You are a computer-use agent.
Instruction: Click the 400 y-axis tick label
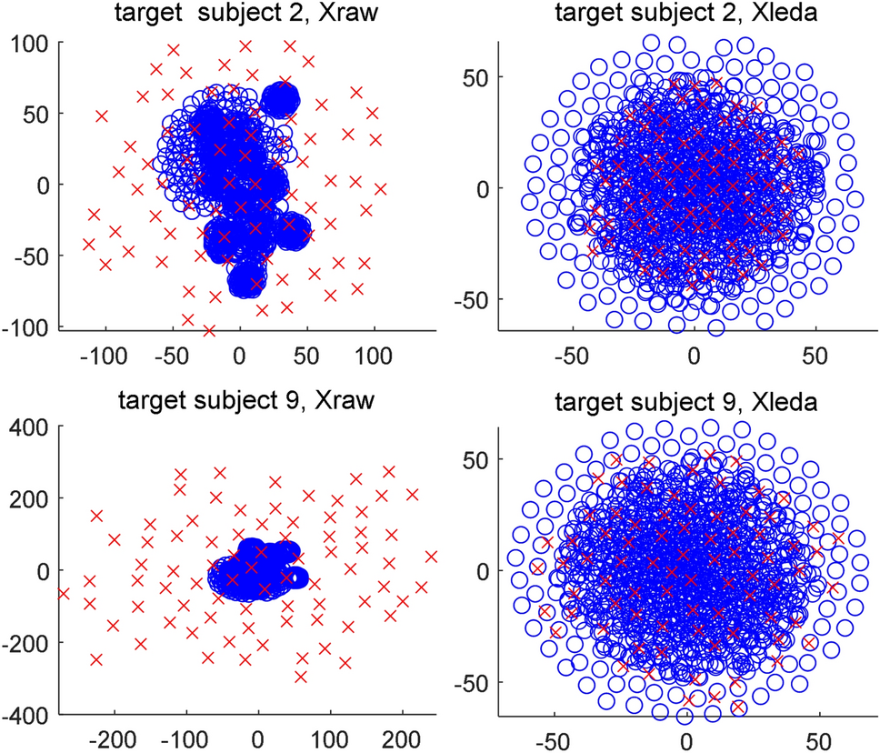(32, 427)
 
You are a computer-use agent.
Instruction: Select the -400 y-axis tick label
(27, 715)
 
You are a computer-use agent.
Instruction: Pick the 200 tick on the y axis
(32, 499)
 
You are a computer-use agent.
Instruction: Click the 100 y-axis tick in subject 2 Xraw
(32, 43)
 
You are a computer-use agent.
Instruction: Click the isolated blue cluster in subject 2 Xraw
(280, 100)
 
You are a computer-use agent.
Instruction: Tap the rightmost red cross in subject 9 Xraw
(431, 557)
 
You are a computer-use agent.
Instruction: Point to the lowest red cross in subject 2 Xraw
(209, 330)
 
